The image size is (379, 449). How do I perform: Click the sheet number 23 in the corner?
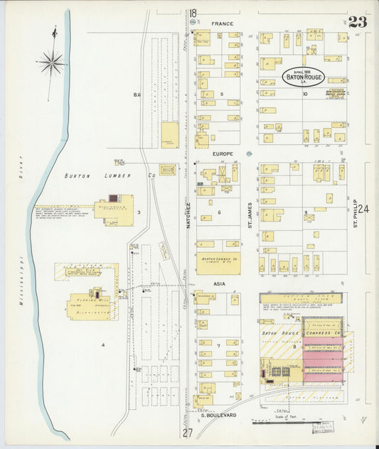tap(358, 21)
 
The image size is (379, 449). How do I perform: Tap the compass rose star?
tap(52, 64)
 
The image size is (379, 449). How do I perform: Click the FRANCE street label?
tap(222, 23)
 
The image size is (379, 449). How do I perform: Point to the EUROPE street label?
tap(222, 154)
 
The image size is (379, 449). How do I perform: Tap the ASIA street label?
tap(218, 282)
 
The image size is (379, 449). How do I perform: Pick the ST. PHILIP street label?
tap(353, 213)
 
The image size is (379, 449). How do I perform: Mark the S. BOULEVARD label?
tap(218, 414)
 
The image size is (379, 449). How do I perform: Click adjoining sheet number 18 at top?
tap(193, 13)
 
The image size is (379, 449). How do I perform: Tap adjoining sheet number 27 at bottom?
tap(187, 433)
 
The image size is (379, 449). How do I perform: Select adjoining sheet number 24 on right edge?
tap(365, 209)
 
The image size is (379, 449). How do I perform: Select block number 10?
tap(304, 94)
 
